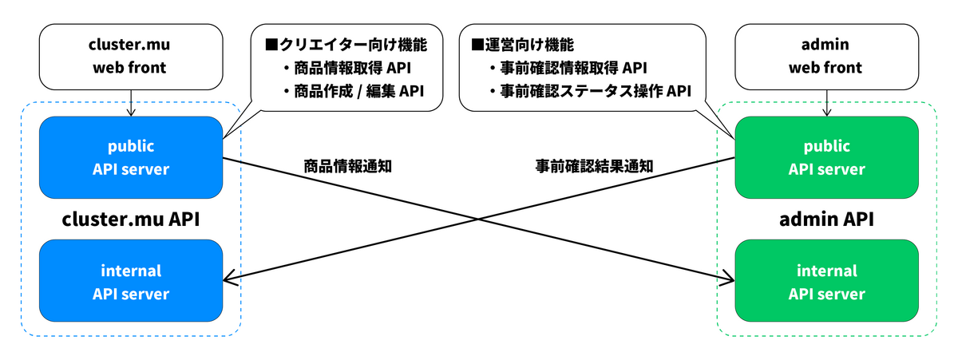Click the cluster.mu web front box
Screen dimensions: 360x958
click(x=131, y=57)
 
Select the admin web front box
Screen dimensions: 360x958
click(x=825, y=57)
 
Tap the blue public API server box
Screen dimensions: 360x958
click(x=131, y=158)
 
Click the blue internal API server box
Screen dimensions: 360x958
click(x=131, y=282)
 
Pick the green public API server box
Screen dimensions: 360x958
click(x=826, y=158)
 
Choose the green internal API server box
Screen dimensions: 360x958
click(x=826, y=282)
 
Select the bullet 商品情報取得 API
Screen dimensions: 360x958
click(x=350, y=68)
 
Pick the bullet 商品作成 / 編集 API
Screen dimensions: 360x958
click(x=350, y=92)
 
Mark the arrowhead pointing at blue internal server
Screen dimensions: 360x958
click(x=228, y=279)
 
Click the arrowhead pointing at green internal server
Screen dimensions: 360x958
click(x=729, y=279)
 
